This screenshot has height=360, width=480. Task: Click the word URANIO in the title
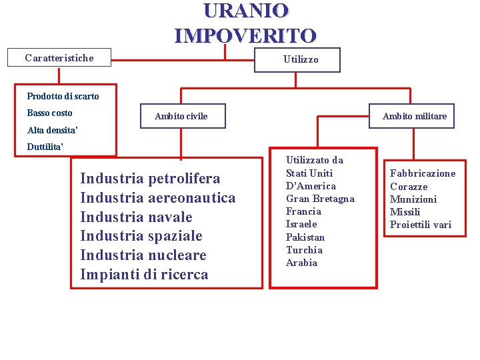tap(245, 11)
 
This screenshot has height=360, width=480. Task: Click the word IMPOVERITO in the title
tap(245, 35)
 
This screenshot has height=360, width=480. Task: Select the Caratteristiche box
tap(59, 58)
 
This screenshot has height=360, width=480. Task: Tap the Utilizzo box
tap(301, 59)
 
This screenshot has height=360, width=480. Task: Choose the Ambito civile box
tap(181, 116)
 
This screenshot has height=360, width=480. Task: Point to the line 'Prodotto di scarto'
tap(63, 96)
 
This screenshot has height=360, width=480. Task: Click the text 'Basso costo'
tap(49, 113)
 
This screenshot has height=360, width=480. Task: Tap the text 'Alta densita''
tap(53, 130)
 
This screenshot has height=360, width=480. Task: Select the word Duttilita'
tap(45, 147)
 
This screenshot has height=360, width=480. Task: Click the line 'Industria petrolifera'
tap(150, 179)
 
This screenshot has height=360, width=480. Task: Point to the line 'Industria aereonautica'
tap(158, 198)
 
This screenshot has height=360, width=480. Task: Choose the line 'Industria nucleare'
tap(143, 255)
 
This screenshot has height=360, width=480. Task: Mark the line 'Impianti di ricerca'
tap(144, 275)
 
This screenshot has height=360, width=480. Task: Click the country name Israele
tap(301, 224)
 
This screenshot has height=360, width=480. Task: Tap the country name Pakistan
tap(305, 237)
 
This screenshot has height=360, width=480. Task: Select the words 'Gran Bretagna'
tap(320, 199)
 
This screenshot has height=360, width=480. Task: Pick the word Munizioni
tap(413, 199)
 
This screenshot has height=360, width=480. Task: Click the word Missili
tap(405, 212)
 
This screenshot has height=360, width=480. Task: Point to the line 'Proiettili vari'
tap(421, 225)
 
